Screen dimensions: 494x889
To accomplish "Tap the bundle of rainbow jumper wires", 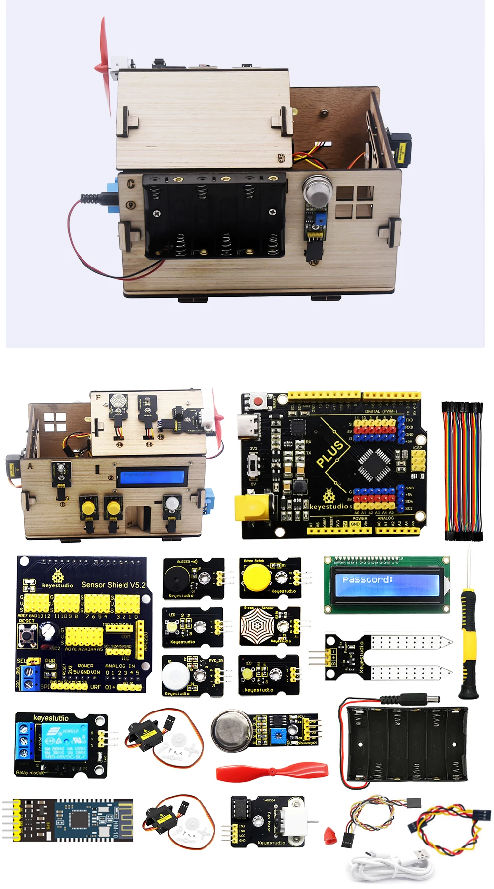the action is pos(461,472).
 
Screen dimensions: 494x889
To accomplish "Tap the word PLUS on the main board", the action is pos(330,453).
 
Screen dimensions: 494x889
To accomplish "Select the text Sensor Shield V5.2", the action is pos(113,585).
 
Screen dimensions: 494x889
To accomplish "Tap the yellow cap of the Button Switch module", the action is pos(255,577).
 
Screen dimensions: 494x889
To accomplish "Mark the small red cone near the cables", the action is pos(330,835).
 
